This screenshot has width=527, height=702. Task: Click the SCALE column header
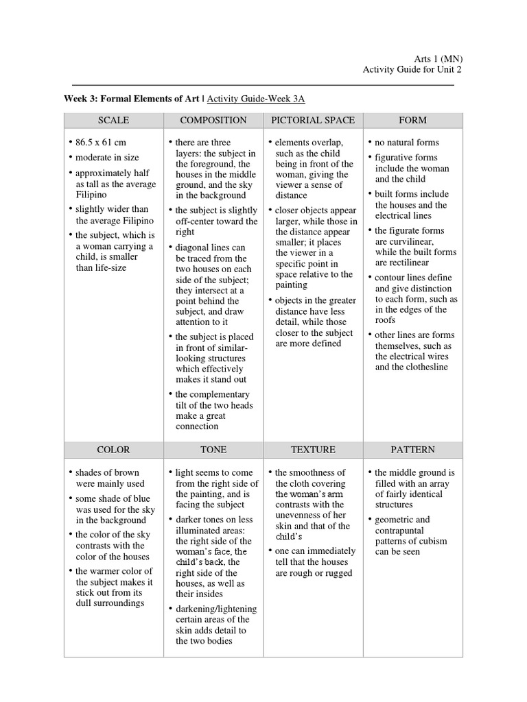113,120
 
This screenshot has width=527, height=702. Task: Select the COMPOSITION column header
213,120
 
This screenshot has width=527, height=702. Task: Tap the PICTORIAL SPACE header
313,120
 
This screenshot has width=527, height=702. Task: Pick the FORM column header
412,120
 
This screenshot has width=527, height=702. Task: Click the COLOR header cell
113,450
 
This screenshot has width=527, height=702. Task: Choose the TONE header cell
213,450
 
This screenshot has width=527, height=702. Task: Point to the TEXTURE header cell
313,450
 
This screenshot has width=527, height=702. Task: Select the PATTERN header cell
412,450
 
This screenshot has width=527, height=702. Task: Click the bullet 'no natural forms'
407,143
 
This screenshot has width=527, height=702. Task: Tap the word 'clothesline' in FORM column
423,367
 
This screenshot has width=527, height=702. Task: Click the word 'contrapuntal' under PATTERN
399,531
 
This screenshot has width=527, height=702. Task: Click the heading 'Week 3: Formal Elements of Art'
131,99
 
